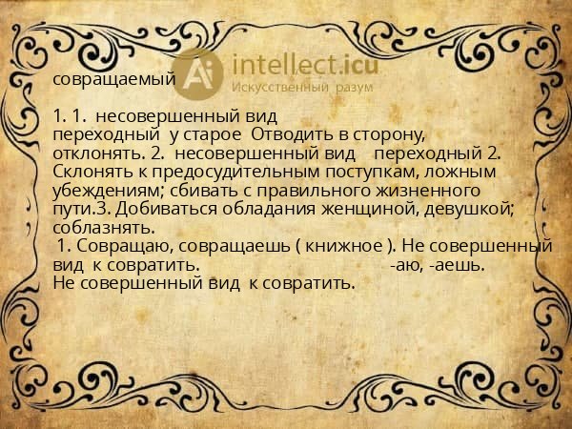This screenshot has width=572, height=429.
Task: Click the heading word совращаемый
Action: point(113,79)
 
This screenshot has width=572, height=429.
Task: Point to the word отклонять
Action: point(93,153)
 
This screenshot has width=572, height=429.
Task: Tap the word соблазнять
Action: point(103,226)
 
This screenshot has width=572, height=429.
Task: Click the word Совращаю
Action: point(130,245)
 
